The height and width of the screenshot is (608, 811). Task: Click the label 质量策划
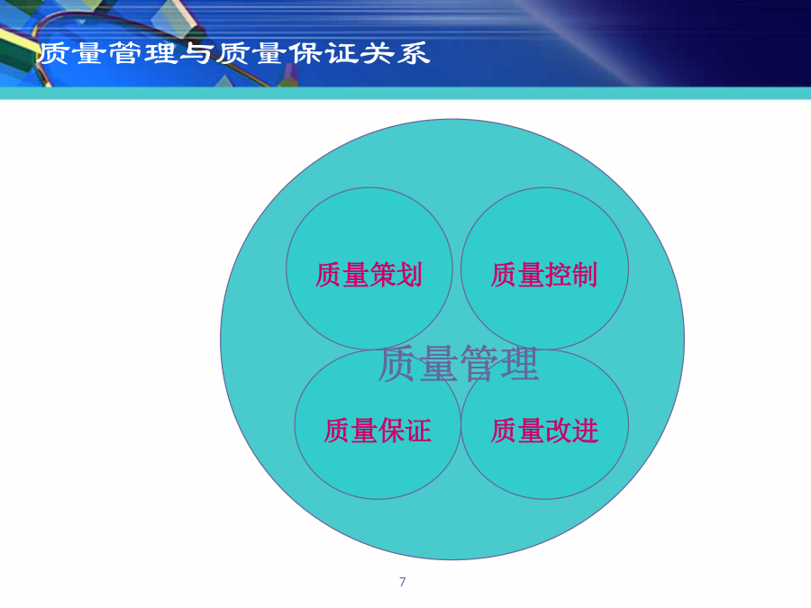click(x=369, y=275)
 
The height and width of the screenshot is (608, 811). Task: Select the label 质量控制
click(x=544, y=275)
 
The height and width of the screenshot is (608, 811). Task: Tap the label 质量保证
click(x=378, y=431)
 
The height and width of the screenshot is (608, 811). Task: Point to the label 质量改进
click(x=544, y=431)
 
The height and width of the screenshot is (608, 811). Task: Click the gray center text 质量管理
click(x=459, y=364)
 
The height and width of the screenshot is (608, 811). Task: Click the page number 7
click(x=403, y=582)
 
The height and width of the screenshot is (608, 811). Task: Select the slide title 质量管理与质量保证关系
click(x=233, y=53)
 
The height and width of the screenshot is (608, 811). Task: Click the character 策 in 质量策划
click(x=383, y=275)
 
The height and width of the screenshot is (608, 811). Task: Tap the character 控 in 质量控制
click(x=558, y=275)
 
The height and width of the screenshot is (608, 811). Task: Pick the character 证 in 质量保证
click(x=418, y=431)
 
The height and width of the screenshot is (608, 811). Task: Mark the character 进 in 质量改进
click(x=586, y=431)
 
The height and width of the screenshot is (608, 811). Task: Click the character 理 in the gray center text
click(x=520, y=364)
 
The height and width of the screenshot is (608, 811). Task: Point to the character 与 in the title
click(x=197, y=53)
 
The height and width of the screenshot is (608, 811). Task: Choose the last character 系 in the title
click(x=414, y=53)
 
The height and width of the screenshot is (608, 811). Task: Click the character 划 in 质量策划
click(x=410, y=275)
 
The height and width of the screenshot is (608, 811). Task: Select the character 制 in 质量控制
click(x=585, y=275)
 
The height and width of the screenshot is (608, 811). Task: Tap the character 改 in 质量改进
click(x=559, y=431)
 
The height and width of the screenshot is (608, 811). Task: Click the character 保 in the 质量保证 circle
click(x=392, y=431)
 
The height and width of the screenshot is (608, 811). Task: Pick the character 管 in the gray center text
click(x=479, y=364)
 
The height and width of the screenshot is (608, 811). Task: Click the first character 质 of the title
click(x=54, y=53)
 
